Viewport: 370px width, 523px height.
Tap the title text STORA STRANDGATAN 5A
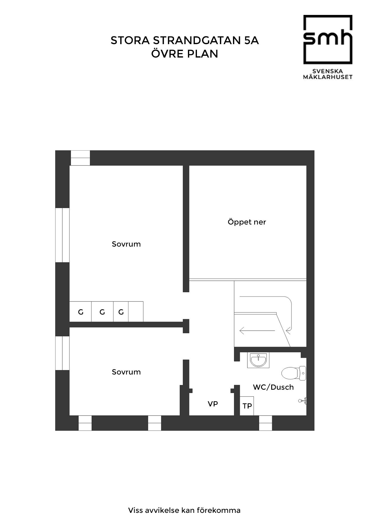[185, 40]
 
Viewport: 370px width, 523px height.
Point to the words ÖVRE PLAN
[185, 54]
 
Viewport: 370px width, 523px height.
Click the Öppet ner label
[247, 222]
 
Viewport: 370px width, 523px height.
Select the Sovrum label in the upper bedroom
[126, 244]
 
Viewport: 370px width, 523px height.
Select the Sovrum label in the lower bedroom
[126, 372]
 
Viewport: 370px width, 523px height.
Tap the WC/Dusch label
[273, 387]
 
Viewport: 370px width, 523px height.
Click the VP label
[213, 404]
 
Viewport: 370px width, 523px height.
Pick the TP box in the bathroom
[247, 406]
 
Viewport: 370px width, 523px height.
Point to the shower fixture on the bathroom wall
[303, 401]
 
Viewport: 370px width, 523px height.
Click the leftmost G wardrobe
[81, 312]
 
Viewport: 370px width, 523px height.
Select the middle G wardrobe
[102, 312]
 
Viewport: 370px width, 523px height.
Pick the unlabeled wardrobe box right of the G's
[136, 312]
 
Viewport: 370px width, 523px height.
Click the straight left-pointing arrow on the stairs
[257, 330]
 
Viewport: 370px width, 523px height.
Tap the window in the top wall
[80, 158]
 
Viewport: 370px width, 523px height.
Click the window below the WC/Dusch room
[266, 423]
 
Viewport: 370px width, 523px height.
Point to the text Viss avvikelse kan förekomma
[184, 510]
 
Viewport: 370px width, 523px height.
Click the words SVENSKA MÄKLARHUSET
[328, 74]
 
